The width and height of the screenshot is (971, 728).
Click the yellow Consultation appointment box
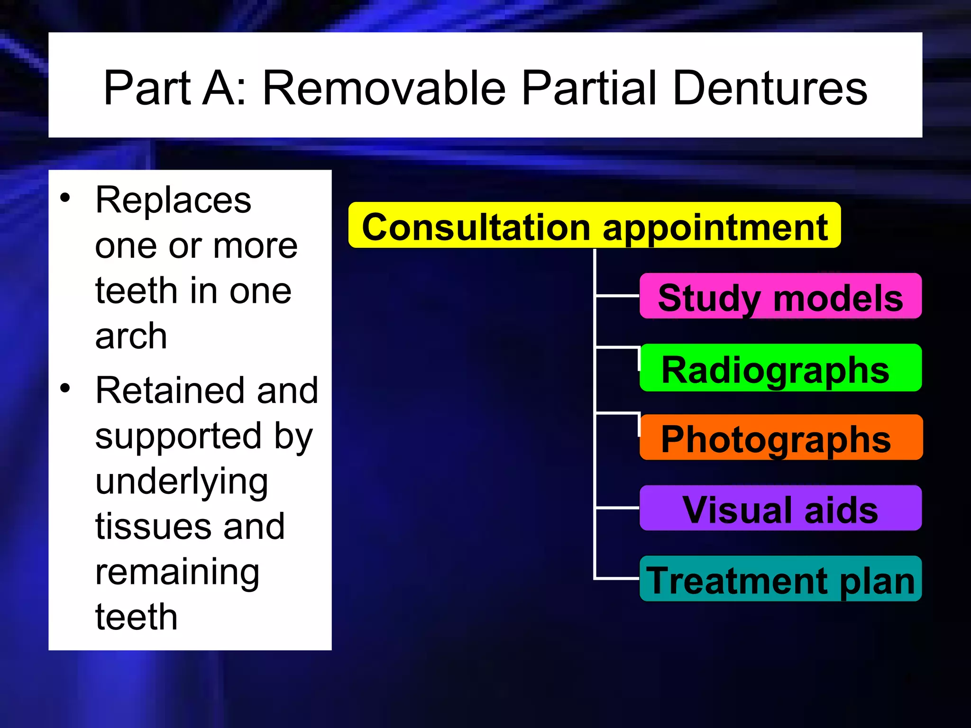(x=594, y=226)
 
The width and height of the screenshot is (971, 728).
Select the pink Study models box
(x=780, y=297)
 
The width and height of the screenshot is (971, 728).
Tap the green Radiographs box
(x=780, y=368)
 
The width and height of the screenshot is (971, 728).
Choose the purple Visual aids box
(x=780, y=509)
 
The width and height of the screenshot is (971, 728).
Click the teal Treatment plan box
(x=780, y=579)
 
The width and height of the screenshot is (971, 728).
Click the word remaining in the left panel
(x=177, y=573)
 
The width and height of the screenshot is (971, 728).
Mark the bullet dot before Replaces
(x=65, y=198)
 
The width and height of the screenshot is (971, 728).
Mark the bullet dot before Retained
(x=65, y=388)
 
